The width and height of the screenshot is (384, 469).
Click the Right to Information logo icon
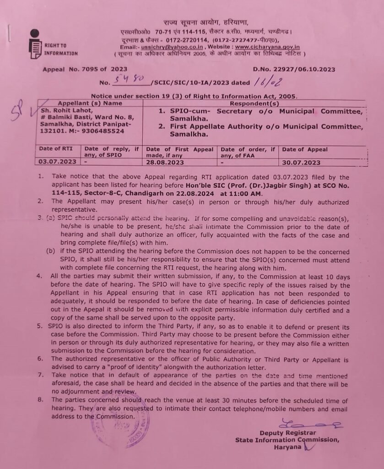tap(35, 44)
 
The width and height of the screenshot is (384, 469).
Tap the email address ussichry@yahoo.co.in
tap(172, 47)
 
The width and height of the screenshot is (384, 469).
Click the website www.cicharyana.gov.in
tap(267, 47)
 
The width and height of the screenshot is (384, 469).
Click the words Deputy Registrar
tap(288, 433)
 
